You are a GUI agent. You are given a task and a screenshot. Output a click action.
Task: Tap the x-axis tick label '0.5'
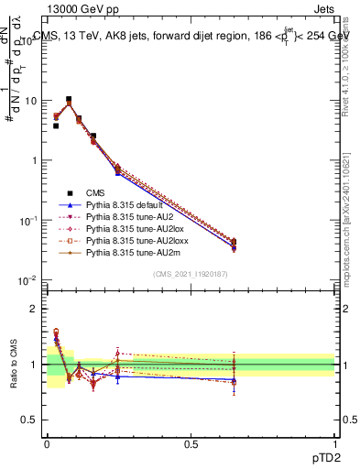[191, 443]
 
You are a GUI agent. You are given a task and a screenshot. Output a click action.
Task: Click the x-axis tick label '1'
[335, 443]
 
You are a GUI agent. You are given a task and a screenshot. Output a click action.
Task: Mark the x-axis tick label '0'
[47, 443]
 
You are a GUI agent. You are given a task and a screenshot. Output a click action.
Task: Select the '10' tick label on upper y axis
[28, 101]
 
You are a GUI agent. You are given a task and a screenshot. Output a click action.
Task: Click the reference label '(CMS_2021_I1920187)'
[191, 274]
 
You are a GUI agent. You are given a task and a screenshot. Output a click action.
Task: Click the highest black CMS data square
[69, 99]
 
